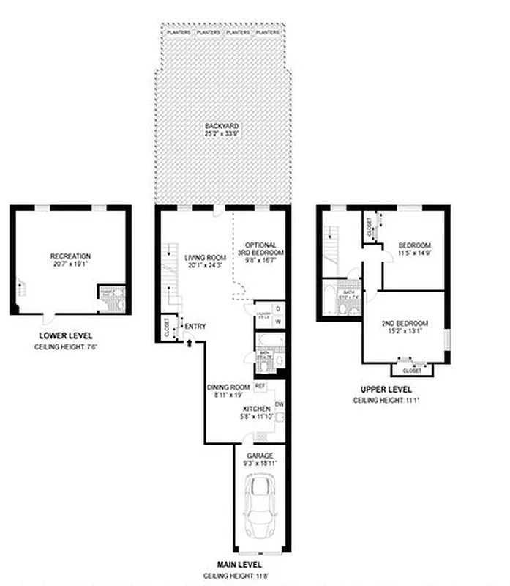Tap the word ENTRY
coord(195,327)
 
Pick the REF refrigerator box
coord(260,385)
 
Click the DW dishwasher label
coord(280,404)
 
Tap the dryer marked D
coord(278,308)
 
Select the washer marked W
coord(278,322)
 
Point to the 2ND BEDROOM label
coord(405,323)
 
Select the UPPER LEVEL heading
coord(386,390)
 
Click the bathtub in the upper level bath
coord(329,301)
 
